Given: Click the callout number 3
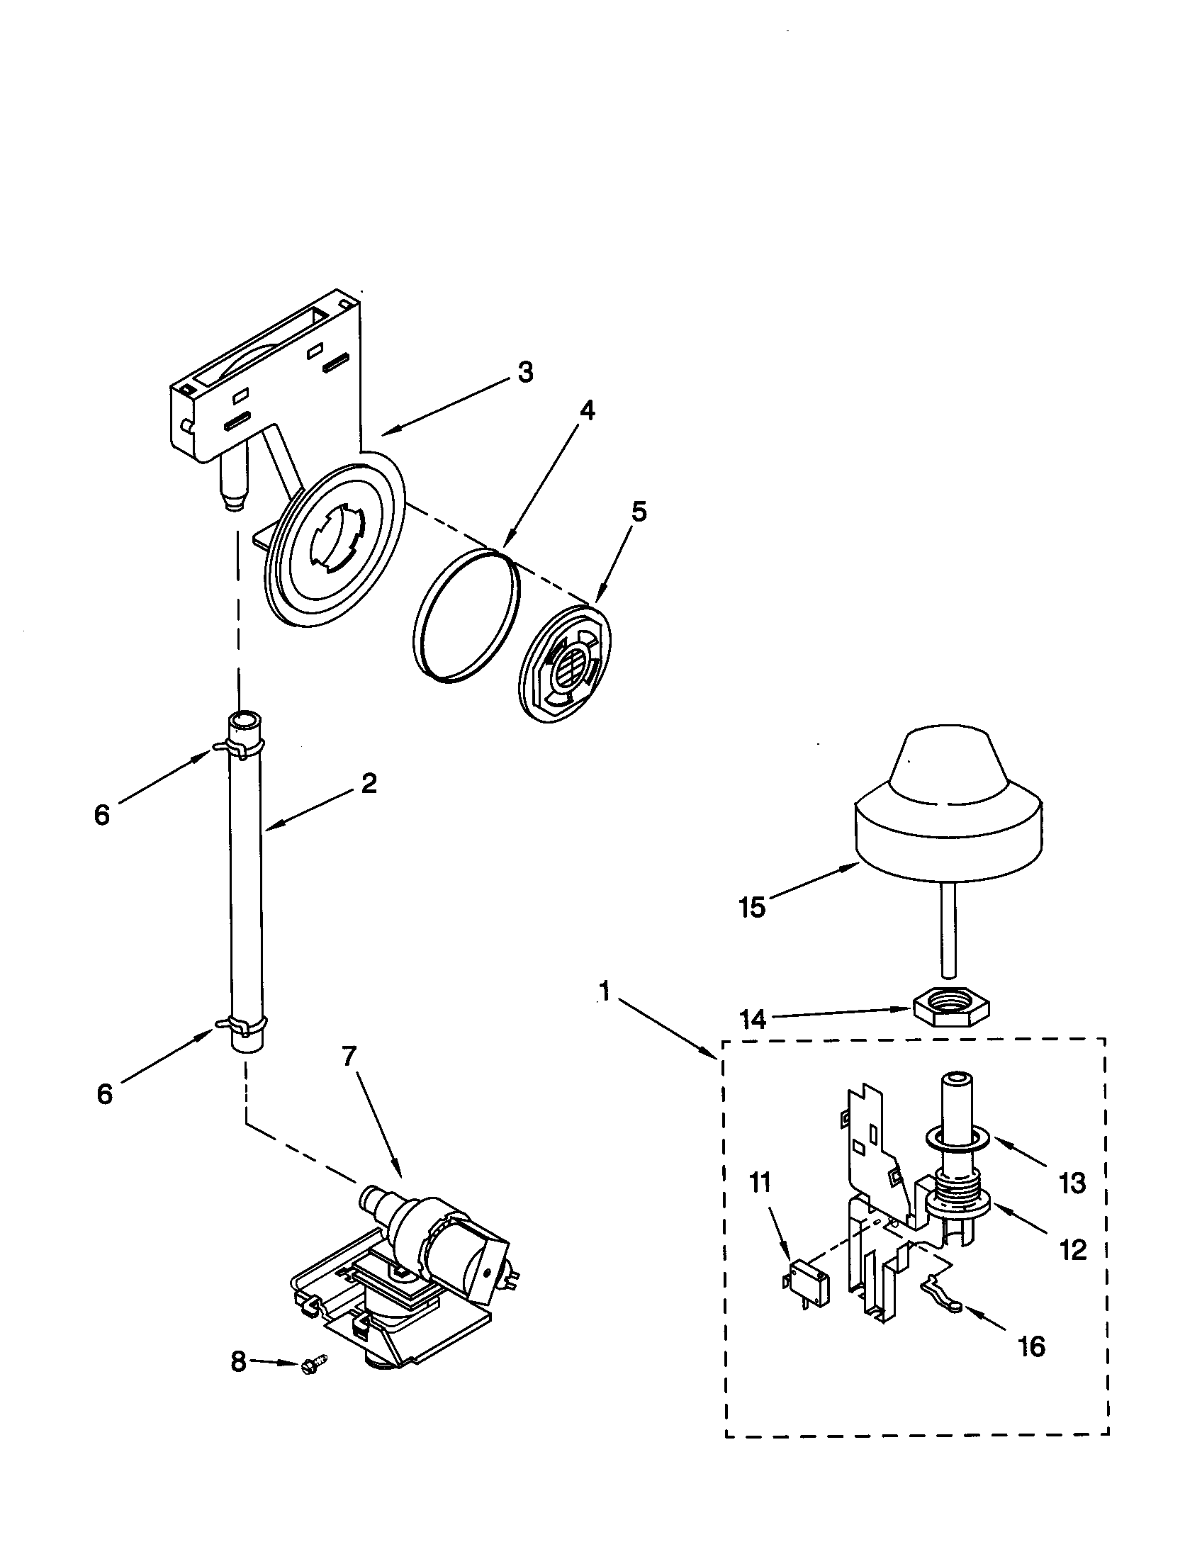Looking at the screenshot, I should click(524, 373).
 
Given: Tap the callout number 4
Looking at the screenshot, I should click(586, 410).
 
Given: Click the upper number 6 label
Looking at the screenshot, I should click(103, 815).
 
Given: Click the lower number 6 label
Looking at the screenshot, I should click(105, 1093).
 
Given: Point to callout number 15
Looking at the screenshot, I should click(753, 908).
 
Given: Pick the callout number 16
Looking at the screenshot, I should click(1032, 1346).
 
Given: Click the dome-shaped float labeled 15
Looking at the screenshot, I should click(946, 821).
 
